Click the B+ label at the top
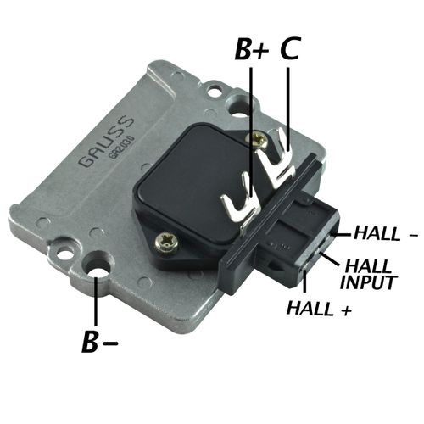click(253, 50)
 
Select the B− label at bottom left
click(99, 343)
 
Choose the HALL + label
click(321, 308)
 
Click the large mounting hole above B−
click(100, 273)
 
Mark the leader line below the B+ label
click(252, 119)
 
